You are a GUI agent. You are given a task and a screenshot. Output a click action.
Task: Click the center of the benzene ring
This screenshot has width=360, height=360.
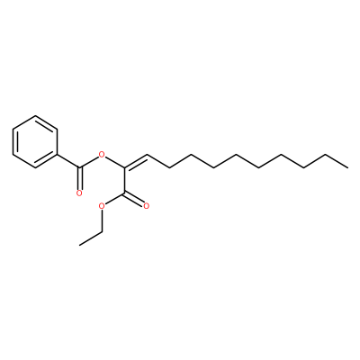(35, 142)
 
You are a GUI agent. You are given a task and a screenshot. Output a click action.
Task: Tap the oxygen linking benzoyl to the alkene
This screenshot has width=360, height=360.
(102, 155)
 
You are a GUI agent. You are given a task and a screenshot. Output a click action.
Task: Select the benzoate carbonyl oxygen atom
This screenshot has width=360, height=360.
(79, 193)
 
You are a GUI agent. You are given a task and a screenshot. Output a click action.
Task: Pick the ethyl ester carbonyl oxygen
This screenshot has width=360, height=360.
(147, 206)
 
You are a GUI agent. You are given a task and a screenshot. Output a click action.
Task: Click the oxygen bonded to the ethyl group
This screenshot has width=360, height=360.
(102, 206)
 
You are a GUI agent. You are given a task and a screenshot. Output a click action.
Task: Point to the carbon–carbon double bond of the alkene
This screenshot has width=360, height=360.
(136, 161)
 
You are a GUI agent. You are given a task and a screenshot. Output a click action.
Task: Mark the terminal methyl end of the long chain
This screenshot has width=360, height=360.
(348, 167)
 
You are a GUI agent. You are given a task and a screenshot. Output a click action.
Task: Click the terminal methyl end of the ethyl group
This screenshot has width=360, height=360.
(79, 245)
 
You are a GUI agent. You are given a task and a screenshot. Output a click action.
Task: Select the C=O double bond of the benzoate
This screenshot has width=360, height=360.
(79, 178)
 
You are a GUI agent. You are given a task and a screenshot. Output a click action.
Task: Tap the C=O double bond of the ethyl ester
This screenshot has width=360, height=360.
(134, 199)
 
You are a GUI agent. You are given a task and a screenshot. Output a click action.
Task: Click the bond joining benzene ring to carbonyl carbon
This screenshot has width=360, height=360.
(68, 161)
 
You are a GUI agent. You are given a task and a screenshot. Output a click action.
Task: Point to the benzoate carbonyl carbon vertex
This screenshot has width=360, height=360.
(79, 167)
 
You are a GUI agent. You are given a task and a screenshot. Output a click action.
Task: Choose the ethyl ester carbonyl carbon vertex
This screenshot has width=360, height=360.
(124, 193)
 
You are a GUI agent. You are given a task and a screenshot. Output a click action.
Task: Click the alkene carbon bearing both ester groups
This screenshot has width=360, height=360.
(124, 167)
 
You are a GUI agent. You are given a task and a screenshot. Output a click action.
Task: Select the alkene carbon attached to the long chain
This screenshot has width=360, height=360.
(147, 155)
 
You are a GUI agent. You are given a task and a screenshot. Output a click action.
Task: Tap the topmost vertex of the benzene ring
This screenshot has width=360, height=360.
(35, 116)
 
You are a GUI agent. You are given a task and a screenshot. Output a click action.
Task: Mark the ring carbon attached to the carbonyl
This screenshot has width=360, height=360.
(57, 155)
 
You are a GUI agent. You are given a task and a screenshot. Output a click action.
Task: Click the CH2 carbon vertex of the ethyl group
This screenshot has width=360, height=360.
(102, 231)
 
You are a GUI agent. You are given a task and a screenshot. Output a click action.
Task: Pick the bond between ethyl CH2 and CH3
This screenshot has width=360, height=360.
(91, 238)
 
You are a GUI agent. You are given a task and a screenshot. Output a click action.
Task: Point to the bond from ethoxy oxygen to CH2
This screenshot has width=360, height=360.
(102, 220)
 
